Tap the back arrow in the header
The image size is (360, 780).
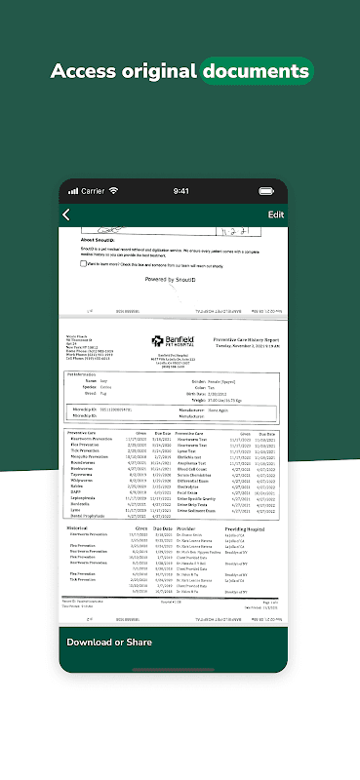click(66, 214)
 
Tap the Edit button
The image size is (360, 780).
click(276, 214)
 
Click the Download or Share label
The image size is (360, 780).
click(109, 642)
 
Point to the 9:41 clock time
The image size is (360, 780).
click(180, 191)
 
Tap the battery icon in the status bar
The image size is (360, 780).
click(277, 191)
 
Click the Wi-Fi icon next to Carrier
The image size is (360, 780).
click(114, 191)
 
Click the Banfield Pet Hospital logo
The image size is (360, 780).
click(170, 341)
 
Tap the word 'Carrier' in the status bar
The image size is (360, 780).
click(93, 191)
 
